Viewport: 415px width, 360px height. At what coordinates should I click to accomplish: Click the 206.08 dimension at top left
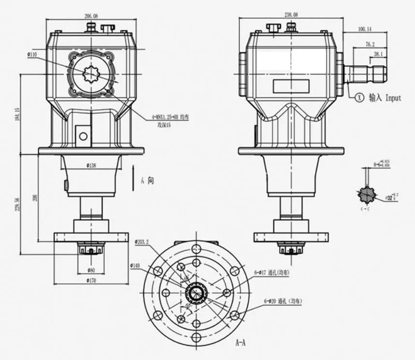pyautogui.click(x=91, y=16)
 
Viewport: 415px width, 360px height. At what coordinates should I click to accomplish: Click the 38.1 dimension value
pyautogui.click(x=377, y=54)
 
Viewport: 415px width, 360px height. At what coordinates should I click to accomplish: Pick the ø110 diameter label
pyautogui.click(x=32, y=55)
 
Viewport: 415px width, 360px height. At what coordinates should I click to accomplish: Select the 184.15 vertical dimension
pyautogui.click(x=17, y=115)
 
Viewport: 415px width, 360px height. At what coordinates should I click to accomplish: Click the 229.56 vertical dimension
pyautogui.click(x=17, y=203)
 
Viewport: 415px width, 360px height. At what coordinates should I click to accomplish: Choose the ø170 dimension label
pyautogui.click(x=91, y=280)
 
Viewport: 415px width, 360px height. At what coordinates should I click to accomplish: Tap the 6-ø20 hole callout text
pyautogui.click(x=283, y=301)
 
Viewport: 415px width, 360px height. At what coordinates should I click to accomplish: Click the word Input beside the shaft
pyautogui.click(x=393, y=98)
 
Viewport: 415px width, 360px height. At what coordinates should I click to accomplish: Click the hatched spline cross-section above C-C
pyautogui.click(x=368, y=194)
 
